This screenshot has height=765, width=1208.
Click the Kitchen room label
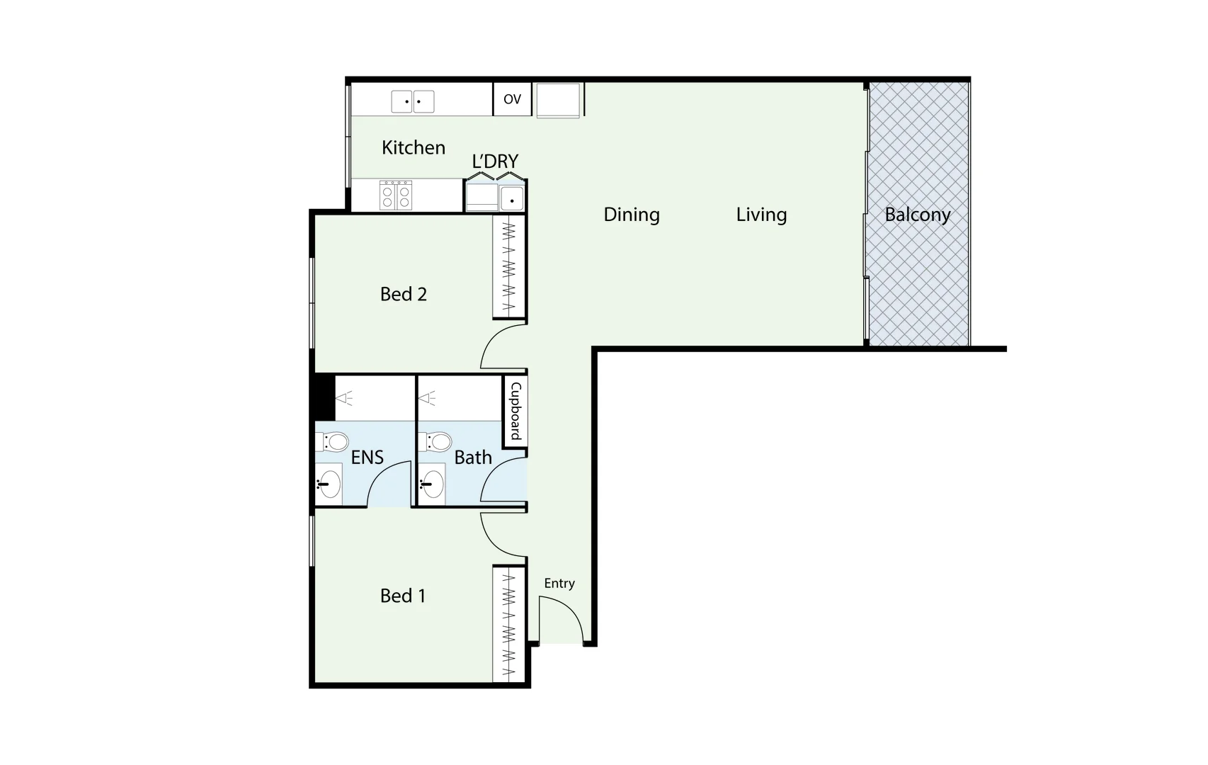pyautogui.click(x=414, y=147)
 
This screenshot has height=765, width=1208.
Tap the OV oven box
pyautogui.click(x=512, y=99)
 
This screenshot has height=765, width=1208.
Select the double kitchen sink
pyautogui.click(x=413, y=101)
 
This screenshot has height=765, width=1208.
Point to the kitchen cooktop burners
pyautogui.click(x=396, y=195)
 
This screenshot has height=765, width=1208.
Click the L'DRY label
pyautogui.click(x=495, y=161)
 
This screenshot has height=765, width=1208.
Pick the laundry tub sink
pyautogui.click(x=511, y=199)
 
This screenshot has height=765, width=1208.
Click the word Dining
pyautogui.click(x=631, y=215)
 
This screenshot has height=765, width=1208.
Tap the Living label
pyautogui.click(x=761, y=215)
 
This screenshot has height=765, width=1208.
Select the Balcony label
pyautogui.click(x=917, y=215)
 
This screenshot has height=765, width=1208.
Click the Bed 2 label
pyautogui.click(x=404, y=294)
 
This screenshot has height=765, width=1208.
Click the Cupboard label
pyautogui.click(x=515, y=411)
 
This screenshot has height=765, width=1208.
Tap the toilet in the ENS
pyautogui.click(x=336, y=442)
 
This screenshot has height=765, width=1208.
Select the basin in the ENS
pyautogui.click(x=329, y=485)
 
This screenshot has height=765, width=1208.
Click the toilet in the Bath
pyautogui.click(x=438, y=442)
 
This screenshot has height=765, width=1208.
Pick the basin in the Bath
pyautogui.click(x=432, y=485)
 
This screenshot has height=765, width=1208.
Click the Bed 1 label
pyautogui.click(x=403, y=596)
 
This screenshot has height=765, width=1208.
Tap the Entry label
pyautogui.click(x=559, y=583)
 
